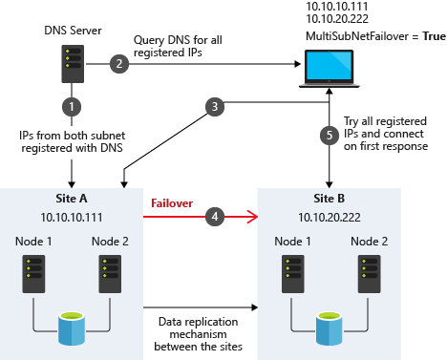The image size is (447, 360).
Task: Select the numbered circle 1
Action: pyautogui.click(x=73, y=104)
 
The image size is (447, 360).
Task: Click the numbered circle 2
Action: pyautogui.click(x=119, y=64)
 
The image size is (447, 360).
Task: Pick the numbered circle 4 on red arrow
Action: pyautogui.click(x=217, y=218)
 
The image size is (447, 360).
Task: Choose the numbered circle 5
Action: pyautogui.click(x=329, y=135)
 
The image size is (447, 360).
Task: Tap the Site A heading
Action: pyautogui.click(x=73, y=199)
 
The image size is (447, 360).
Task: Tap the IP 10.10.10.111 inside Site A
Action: pyautogui.click(x=73, y=217)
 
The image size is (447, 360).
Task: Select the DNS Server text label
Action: pyautogui.click(x=73, y=29)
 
